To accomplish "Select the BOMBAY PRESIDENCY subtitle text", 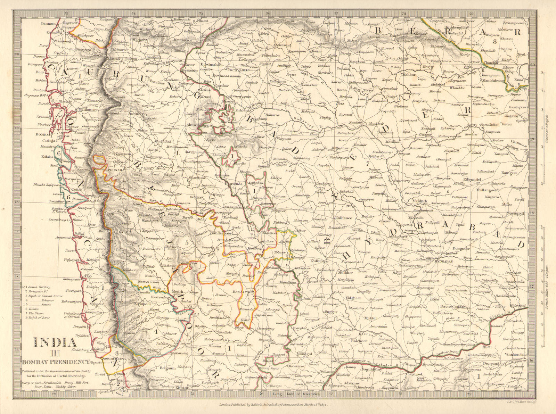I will (x=56, y=362).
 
